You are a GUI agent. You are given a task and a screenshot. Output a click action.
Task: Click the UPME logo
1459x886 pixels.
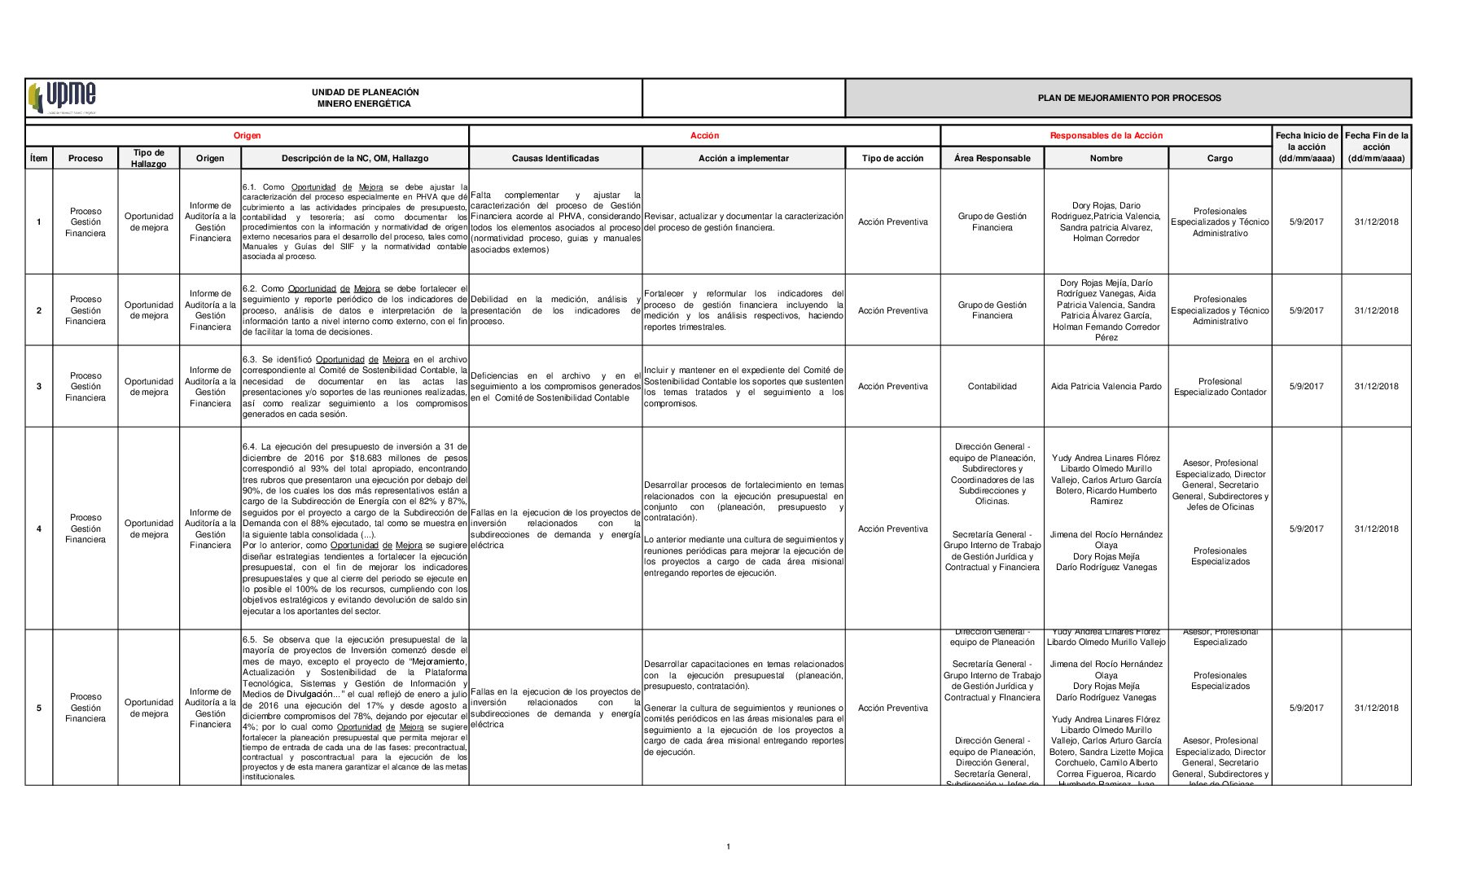click(63, 98)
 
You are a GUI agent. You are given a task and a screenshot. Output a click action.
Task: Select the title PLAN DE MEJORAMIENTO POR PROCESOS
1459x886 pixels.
click(1128, 98)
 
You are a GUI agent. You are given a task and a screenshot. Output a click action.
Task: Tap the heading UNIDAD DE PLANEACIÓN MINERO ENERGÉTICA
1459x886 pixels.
click(365, 98)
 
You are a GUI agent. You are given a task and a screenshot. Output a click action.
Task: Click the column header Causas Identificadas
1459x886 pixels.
click(555, 159)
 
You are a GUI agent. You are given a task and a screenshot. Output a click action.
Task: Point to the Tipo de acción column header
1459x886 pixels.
click(892, 159)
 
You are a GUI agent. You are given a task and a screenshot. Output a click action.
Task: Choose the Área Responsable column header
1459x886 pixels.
click(992, 159)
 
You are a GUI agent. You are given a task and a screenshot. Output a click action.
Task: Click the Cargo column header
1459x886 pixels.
click(1219, 159)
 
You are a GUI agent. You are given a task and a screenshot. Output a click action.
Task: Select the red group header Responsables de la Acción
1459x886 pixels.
click(1106, 136)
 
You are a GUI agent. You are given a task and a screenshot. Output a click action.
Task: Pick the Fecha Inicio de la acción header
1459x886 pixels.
click(1306, 147)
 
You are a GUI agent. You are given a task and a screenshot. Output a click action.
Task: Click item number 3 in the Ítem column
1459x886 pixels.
click(39, 387)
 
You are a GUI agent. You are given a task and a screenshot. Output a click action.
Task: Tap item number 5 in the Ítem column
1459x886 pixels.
click(39, 708)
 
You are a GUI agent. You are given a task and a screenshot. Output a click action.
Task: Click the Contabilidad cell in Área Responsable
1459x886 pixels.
click(992, 387)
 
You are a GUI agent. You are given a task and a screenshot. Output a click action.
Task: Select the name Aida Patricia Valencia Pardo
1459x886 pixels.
click(1106, 387)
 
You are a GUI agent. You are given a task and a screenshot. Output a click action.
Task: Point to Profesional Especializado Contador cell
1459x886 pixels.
click(1220, 387)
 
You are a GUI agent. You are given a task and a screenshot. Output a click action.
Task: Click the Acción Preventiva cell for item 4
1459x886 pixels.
click(892, 529)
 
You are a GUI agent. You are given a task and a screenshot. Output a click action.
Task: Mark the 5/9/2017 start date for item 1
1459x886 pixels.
click(1306, 222)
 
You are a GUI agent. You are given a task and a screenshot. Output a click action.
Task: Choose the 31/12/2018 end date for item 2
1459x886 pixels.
click(1376, 311)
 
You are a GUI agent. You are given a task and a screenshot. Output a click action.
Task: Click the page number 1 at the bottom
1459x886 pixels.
click(728, 847)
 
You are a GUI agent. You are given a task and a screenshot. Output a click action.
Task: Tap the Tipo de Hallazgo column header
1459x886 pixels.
click(148, 159)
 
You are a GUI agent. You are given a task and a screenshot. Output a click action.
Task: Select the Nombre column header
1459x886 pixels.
click(1106, 159)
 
